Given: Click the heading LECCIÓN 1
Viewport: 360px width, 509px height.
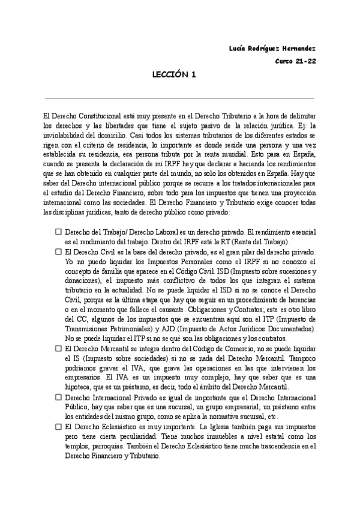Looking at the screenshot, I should pos(174,75).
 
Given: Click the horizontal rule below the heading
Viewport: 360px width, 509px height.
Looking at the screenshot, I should pos(179,98).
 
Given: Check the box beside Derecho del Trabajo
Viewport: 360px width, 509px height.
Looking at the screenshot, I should pos(58,231).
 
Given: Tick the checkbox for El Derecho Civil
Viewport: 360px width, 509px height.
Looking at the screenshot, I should pos(58,253).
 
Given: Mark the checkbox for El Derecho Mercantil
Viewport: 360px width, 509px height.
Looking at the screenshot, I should pos(58,348).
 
